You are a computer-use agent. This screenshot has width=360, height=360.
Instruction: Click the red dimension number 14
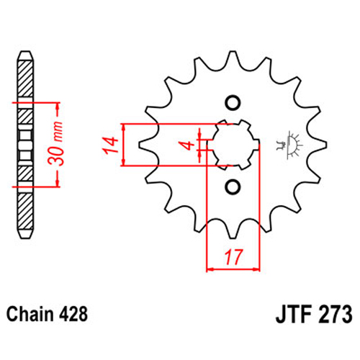tap(111, 145)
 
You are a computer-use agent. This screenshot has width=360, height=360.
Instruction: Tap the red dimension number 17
tap(233, 257)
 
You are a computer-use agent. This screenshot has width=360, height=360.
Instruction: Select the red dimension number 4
tap(189, 145)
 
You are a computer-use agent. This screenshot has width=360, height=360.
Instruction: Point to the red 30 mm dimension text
tap(55, 143)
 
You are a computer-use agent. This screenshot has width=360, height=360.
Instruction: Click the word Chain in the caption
tap(30, 314)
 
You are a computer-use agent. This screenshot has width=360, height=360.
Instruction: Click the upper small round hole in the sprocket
tap(233, 103)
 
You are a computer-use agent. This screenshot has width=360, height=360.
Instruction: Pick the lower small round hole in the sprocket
tap(233, 187)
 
